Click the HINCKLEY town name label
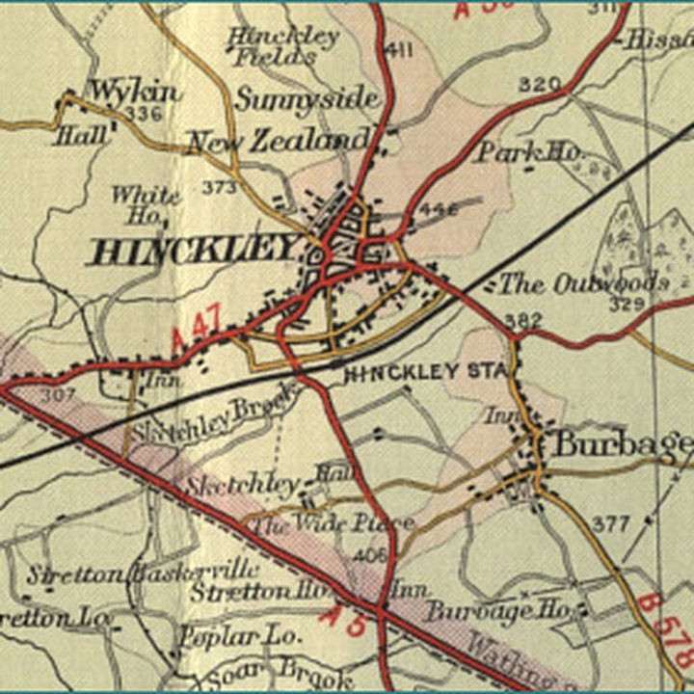(192, 252)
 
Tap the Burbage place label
(620, 444)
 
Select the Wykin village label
(135, 92)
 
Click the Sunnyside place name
(307, 99)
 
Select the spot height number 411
(398, 50)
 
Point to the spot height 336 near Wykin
(142, 115)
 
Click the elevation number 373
(219, 188)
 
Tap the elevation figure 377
(610, 524)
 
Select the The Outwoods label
(583, 283)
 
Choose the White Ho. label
(146, 203)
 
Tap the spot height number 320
(539, 85)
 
